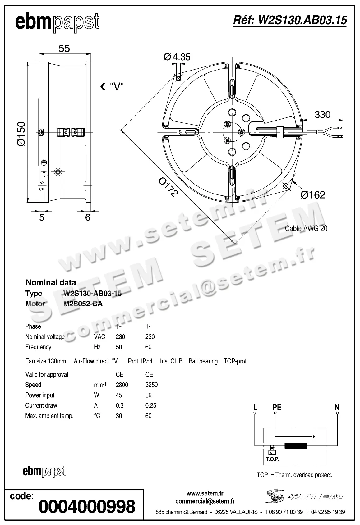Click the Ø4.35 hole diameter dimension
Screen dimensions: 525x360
pos(177,57)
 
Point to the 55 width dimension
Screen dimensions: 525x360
pos(64,48)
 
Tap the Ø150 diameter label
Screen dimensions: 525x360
pos(21,134)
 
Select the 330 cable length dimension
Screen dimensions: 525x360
pos(322,115)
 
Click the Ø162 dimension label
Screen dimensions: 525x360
pos(313,195)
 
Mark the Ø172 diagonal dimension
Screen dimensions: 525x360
pos(168,187)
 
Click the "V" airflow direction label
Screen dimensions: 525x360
pos(117,87)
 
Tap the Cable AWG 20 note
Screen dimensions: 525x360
pos(306,228)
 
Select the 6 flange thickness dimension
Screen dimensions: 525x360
pos(88,217)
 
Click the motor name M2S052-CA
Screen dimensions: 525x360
pos(83,304)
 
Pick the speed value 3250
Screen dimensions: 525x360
pos(151,385)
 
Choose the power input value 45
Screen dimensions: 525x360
pos(119,395)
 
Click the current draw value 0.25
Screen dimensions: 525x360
pos(151,405)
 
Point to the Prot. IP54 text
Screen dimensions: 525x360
pos(140,361)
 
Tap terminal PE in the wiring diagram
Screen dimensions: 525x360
pos(277,408)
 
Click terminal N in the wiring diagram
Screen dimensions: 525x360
pos(337,408)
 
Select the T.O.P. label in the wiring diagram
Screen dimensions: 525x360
pos(273,459)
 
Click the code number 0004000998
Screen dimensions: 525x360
pos(87,507)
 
